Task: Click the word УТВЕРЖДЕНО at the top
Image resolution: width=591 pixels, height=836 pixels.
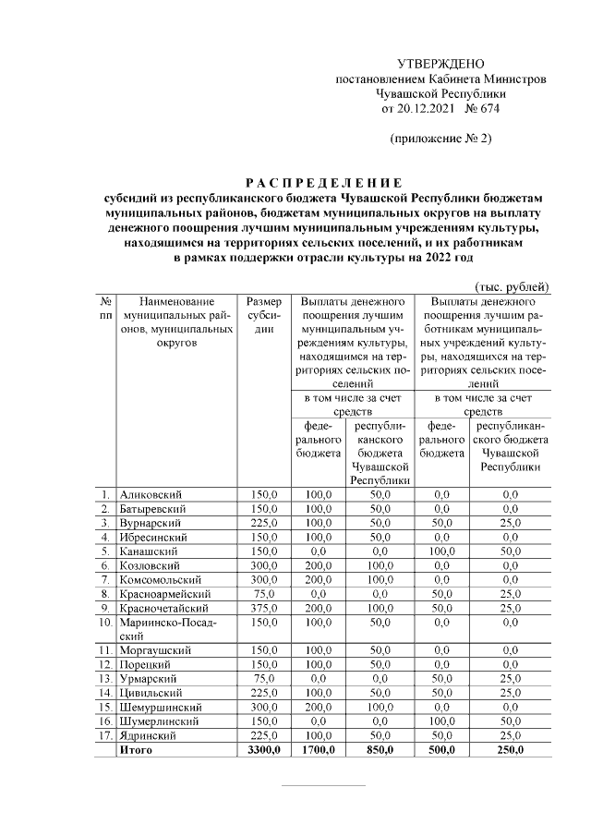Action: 440,64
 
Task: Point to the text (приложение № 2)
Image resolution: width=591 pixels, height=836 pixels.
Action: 440,139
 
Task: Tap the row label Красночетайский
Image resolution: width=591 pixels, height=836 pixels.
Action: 164,609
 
